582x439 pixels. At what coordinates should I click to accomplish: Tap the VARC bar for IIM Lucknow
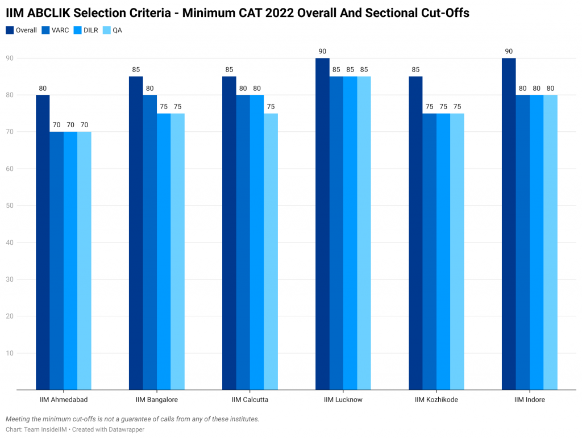pyautogui.click(x=336, y=233)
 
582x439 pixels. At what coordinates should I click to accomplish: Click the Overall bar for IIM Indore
pyautogui.click(x=509, y=224)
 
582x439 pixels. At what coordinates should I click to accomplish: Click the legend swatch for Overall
pyautogui.click(x=10, y=30)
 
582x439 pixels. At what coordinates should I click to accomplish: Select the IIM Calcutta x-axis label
pyautogui.click(x=250, y=400)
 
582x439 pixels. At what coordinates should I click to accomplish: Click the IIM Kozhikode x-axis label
pyautogui.click(x=436, y=400)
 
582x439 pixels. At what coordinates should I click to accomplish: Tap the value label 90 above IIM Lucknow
pyautogui.click(x=322, y=52)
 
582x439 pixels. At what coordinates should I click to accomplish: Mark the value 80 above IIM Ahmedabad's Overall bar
pyautogui.click(x=43, y=89)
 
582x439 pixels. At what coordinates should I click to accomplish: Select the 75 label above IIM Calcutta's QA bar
pyautogui.click(x=271, y=107)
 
